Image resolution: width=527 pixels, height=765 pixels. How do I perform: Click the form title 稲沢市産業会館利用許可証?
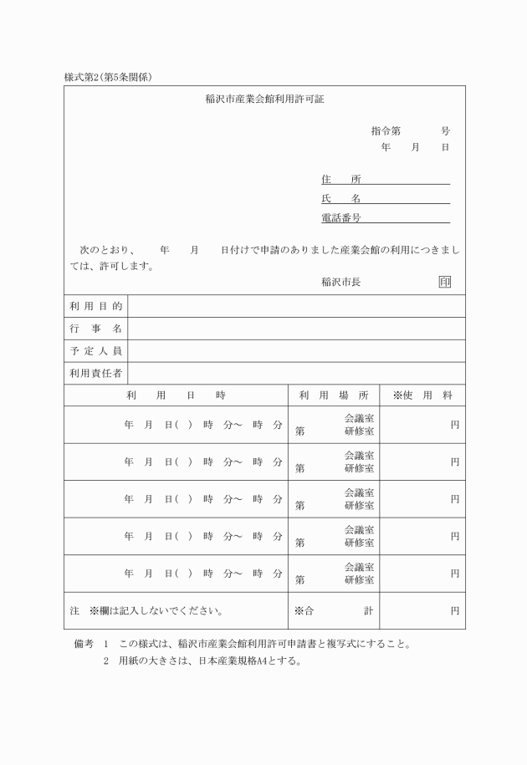263,99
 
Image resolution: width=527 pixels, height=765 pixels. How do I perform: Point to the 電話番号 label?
341,218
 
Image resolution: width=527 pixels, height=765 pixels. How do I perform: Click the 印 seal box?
444,282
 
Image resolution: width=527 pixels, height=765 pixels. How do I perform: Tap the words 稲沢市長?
341,283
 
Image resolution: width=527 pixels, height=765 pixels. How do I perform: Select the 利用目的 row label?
96,307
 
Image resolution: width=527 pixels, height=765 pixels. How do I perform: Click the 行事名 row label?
96,329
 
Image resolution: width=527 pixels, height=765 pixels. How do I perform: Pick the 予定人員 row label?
96,351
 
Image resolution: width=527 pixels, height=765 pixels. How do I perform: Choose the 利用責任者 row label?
96,373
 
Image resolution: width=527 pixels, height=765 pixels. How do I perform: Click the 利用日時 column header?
176,395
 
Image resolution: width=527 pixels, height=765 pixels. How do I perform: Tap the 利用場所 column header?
332,395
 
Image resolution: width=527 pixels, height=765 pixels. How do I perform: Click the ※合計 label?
332,611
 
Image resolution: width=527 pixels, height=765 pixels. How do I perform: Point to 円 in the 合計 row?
454,611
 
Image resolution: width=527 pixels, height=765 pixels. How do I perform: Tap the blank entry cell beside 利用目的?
297,307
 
